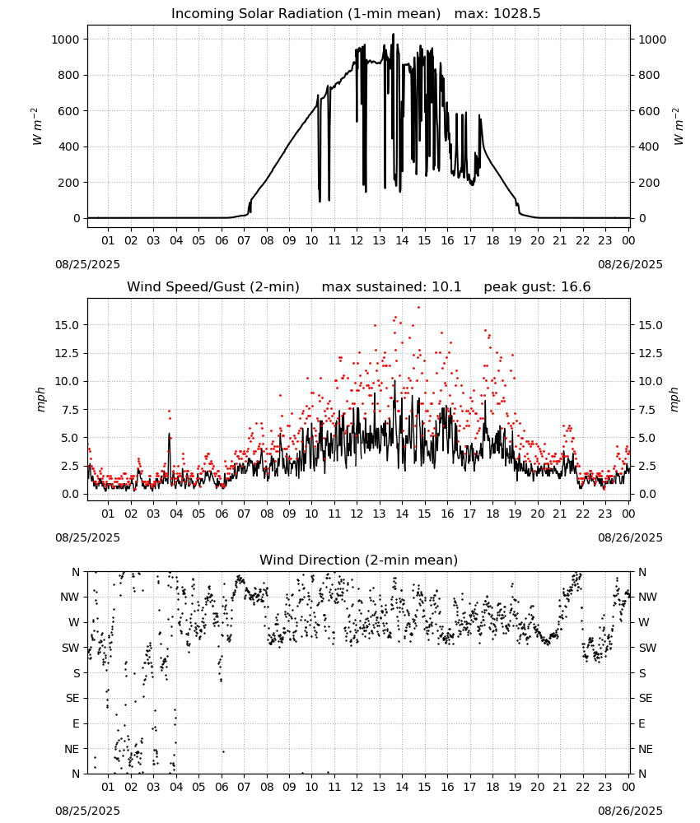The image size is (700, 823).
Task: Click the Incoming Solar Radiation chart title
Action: pyautogui.click(x=306, y=14)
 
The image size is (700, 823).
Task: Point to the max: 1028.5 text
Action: pyautogui.click(x=497, y=14)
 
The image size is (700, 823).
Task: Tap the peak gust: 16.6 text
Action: pyautogui.click(x=537, y=287)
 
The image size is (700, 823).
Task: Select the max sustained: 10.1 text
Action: pyautogui.click(x=391, y=287)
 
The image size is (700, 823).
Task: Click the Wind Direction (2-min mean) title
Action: pyautogui.click(x=359, y=560)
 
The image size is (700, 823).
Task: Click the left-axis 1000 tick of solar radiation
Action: pyautogui.click(x=66, y=40)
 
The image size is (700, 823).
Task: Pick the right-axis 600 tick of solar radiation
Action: pyautogui.click(x=649, y=111)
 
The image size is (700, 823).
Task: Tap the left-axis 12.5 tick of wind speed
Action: pyautogui.click(x=67, y=353)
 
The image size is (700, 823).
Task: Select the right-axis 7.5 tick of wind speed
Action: pyautogui.click(x=647, y=410)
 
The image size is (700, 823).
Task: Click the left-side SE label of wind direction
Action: pyautogui.click(x=72, y=698)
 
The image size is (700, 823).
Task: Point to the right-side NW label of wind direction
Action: pyautogui.click(x=647, y=597)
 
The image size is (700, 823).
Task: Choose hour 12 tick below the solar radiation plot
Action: pyautogui.click(x=357, y=240)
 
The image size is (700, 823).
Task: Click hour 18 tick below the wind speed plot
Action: pyautogui.click(x=492, y=514)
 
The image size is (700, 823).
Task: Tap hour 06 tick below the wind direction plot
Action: pyautogui.click(x=222, y=787)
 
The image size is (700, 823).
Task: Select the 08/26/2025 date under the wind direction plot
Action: pyautogui.click(x=630, y=811)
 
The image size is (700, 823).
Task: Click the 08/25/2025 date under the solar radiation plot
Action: pyautogui.click(x=87, y=264)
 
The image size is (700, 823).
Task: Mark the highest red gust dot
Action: pyautogui.click(x=418, y=308)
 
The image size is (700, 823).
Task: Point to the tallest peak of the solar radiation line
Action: pyautogui.click(x=394, y=35)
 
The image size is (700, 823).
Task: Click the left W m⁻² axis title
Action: pyautogui.click(x=36, y=126)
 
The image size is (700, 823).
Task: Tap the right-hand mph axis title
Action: pyautogui.click(x=674, y=399)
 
